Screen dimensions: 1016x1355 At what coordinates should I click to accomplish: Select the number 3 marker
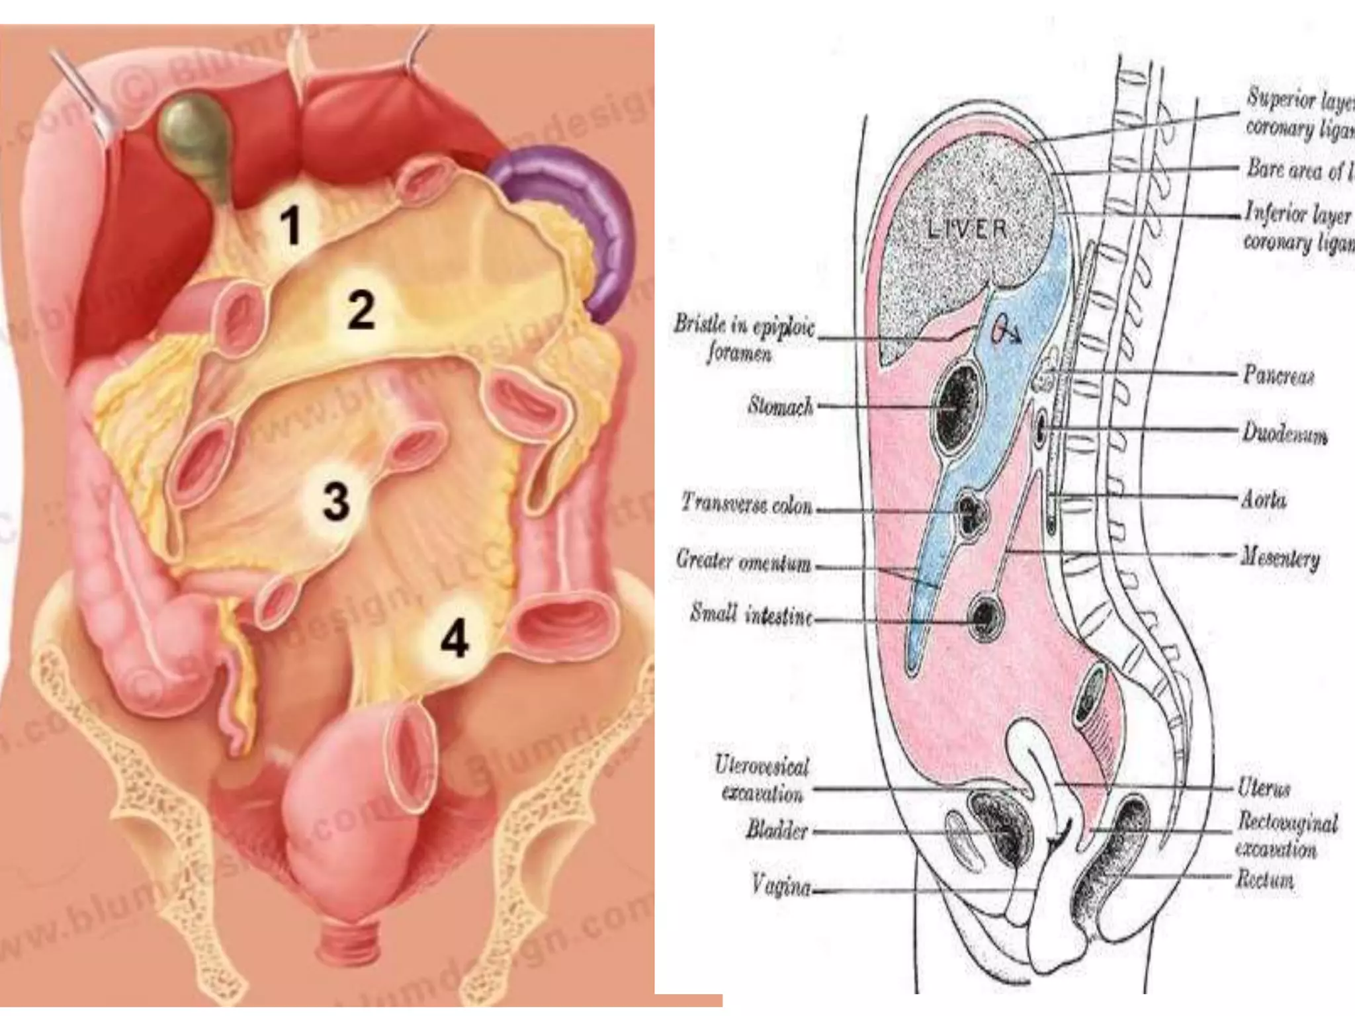click(x=335, y=500)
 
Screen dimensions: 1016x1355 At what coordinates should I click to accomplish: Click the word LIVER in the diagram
click(x=967, y=230)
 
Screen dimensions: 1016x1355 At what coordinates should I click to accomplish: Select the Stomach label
click(x=780, y=405)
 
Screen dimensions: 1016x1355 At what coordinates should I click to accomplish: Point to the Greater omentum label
click(x=744, y=562)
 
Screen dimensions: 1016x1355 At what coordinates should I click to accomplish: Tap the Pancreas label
click(x=1278, y=375)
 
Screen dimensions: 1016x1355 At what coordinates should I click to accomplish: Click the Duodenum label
click(x=1284, y=434)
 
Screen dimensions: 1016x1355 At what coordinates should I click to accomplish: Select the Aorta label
click(x=1264, y=499)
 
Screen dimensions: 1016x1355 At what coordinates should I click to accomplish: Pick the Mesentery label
click(x=1281, y=560)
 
